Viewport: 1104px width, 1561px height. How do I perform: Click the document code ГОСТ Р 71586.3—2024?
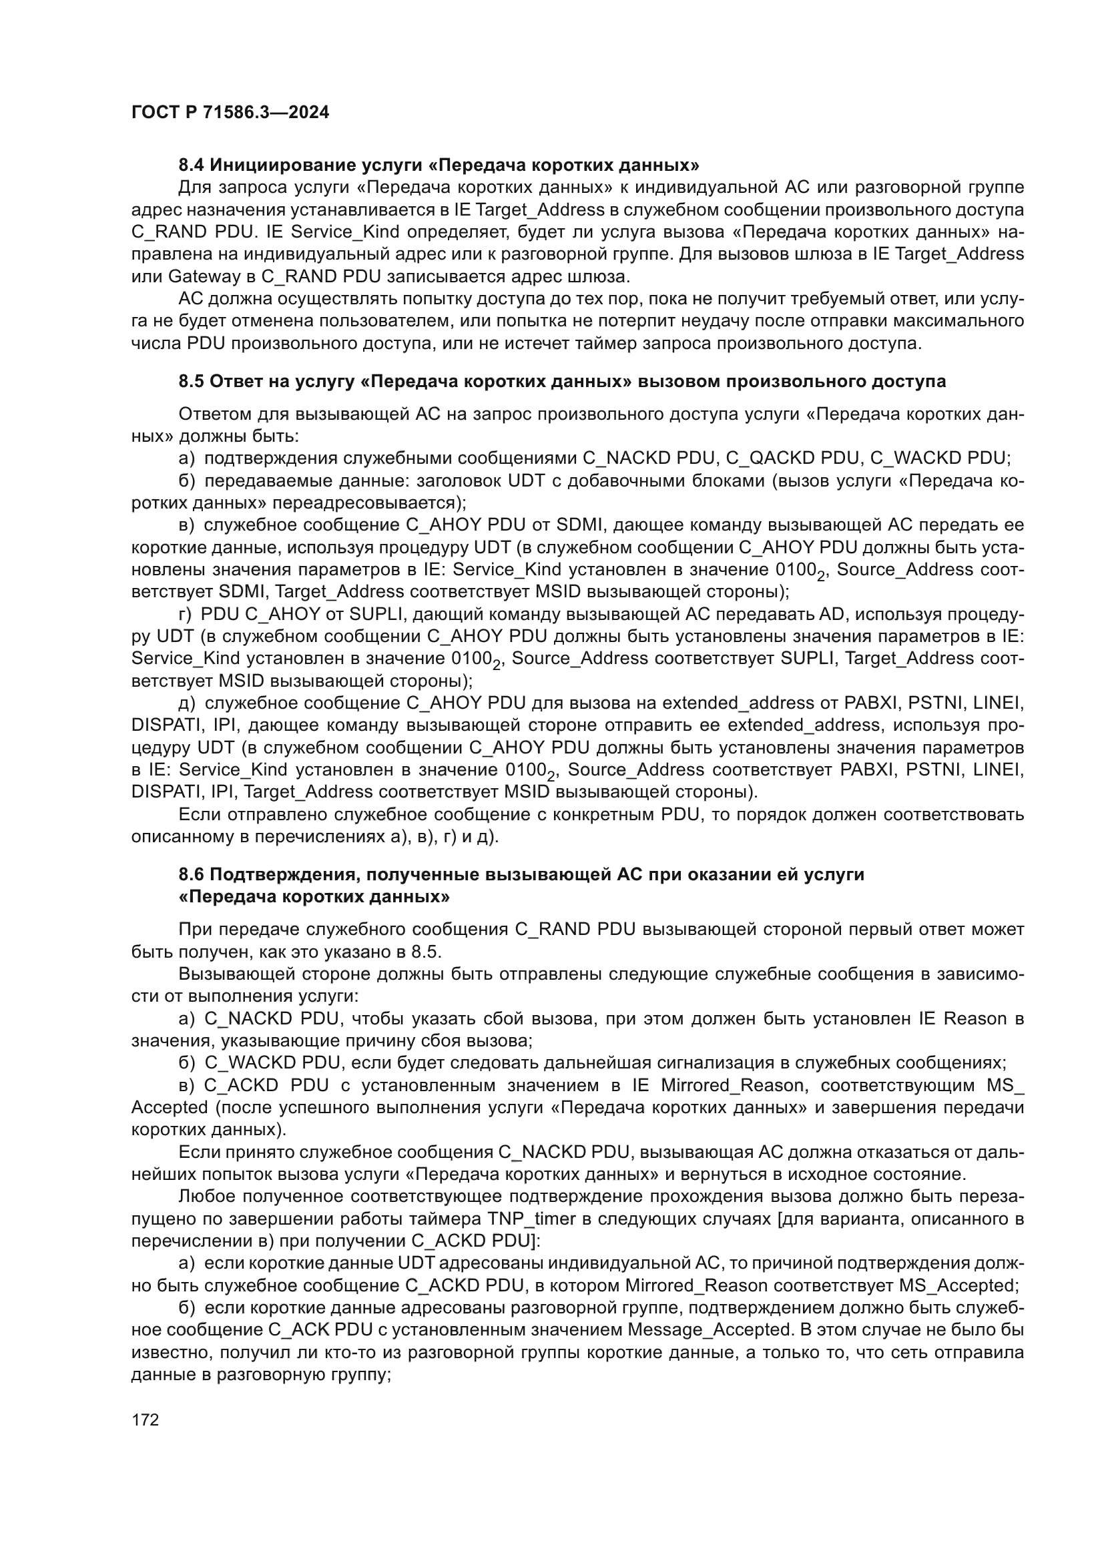pyautogui.click(x=230, y=113)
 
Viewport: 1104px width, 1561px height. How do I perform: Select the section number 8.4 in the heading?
pyautogui.click(x=191, y=166)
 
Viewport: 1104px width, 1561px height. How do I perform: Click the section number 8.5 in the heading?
pyautogui.click(x=191, y=382)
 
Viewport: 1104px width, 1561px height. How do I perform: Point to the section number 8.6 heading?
pyautogui.click(x=191, y=874)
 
